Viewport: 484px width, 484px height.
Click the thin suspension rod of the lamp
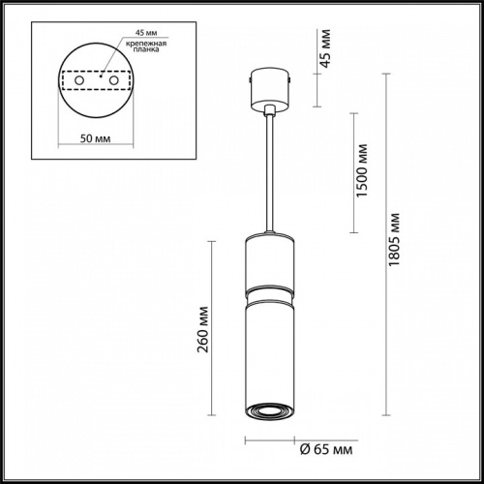(268, 174)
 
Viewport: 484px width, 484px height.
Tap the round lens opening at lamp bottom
(268, 411)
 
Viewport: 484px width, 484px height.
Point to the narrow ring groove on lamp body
(268, 287)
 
